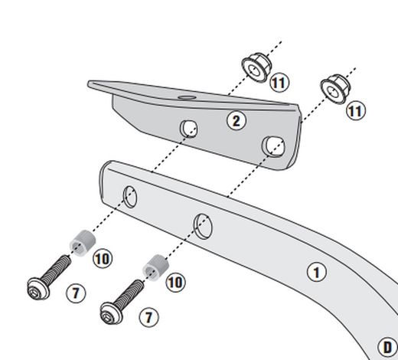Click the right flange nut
point(334,88)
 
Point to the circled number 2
point(237,119)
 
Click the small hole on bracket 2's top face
point(186,98)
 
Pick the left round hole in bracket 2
point(188,128)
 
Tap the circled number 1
point(315,270)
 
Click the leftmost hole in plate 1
point(129,197)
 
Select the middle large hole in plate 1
point(203,225)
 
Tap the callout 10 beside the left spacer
point(103,258)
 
